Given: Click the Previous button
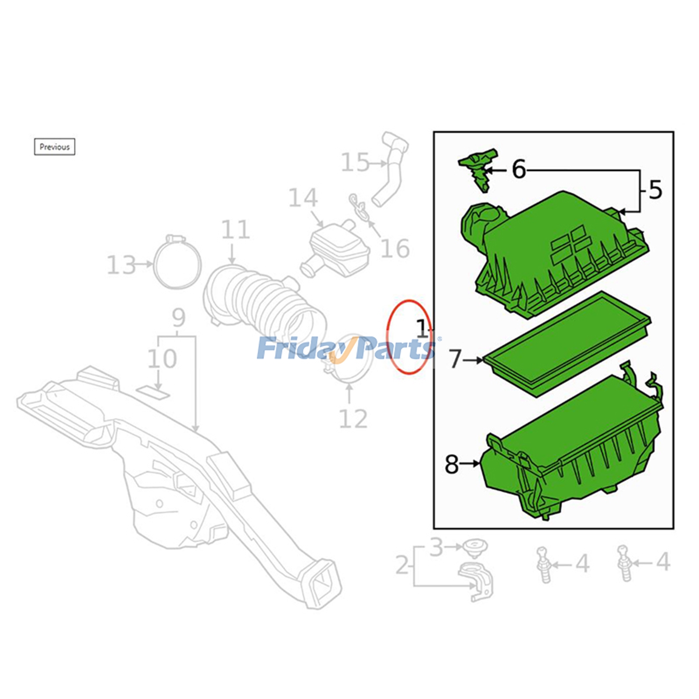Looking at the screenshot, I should click(x=55, y=147).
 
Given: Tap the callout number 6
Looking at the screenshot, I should click(x=519, y=170).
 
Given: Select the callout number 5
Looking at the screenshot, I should click(x=655, y=190).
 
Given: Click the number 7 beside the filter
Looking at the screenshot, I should click(x=455, y=360).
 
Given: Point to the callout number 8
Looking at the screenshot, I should click(x=452, y=464).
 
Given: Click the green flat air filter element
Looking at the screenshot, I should click(x=568, y=345).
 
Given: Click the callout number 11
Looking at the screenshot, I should click(x=235, y=230).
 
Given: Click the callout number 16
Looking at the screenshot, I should click(x=395, y=249).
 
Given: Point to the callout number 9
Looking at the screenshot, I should click(x=178, y=318).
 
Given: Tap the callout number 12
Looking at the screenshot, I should click(x=353, y=419).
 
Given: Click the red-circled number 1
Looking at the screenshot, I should click(x=421, y=329).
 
